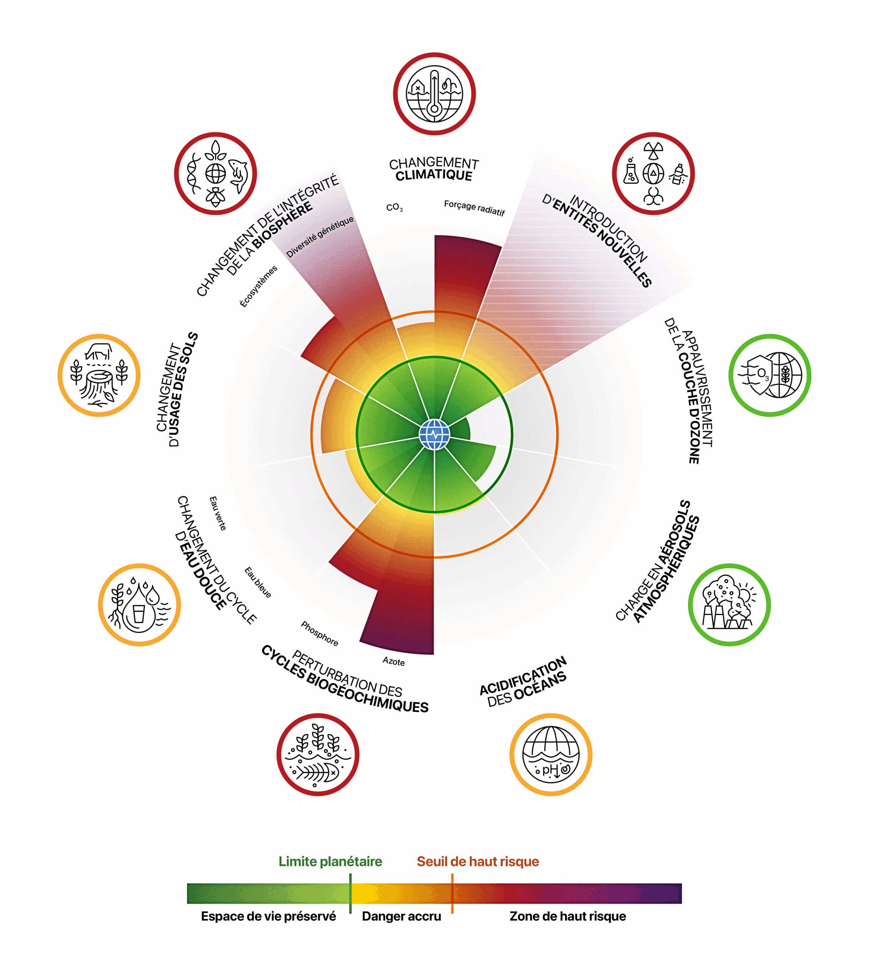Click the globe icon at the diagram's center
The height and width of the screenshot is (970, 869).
pyautogui.click(x=434, y=435)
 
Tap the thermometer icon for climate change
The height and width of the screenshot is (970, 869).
pyautogui.click(x=434, y=94)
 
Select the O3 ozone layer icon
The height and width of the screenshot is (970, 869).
pyautogui.click(x=769, y=375)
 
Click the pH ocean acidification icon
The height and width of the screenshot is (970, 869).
pyautogui.click(x=550, y=755)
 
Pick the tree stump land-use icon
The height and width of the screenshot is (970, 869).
pyautogui.click(x=99, y=375)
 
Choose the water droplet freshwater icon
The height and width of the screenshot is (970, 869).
pyautogui.click(x=139, y=605)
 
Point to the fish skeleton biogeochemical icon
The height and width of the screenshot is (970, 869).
pyautogui.click(x=317, y=755)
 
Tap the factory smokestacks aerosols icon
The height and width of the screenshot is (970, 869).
pyautogui.click(x=729, y=605)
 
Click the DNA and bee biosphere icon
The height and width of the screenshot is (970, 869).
pyautogui.click(x=215, y=174)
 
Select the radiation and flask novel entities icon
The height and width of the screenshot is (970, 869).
pyautogui.click(x=653, y=174)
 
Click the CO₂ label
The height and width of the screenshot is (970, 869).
pyautogui.click(x=394, y=208)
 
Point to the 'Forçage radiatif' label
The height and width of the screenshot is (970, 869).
pyautogui.click(x=474, y=208)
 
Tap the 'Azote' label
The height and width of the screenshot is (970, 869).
pyautogui.click(x=394, y=662)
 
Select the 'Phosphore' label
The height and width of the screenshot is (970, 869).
pyautogui.click(x=319, y=633)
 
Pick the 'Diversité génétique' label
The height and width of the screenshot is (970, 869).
pyautogui.click(x=320, y=236)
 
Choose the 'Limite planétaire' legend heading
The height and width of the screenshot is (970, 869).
pyautogui.click(x=330, y=861)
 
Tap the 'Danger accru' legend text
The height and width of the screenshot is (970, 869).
pyautogui.click(x=401, y=916)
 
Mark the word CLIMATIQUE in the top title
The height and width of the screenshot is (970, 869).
pyautogui.click(x=434, y=175)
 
